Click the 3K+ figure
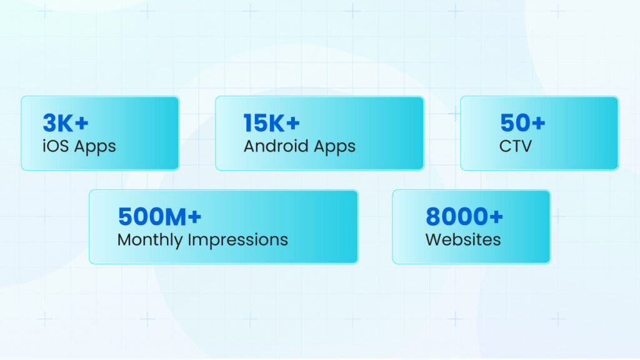(x=65, y=123)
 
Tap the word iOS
(x=56, y=146)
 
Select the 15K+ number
(x=271, y=123)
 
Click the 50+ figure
(x=522, y=123)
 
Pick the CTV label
(x=516, y=146)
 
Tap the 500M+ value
(x=159, y=216)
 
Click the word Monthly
(x=150, y=240)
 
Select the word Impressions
(x=238, y=240)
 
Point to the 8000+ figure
(x=464, y=216)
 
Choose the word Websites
(x=463, y=239)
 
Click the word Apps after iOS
(x=95, y=147)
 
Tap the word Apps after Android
(x=335, y=147)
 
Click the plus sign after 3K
(x=82, y=123)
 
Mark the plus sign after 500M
(x=195, y=216)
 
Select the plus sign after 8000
(x=496, y=216)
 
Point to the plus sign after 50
(x=538, y=123)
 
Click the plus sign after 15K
(x=293, y=123)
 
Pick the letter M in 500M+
(x=176, y=217)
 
